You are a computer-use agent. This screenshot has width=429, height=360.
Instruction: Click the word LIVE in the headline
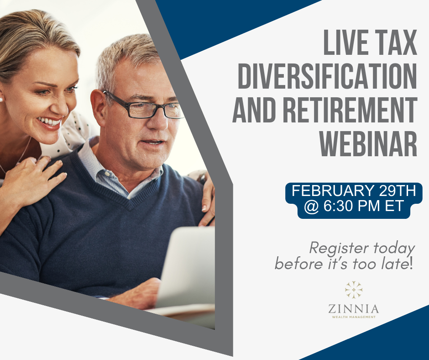click(345, 42)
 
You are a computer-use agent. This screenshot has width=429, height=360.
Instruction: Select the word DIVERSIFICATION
click(327, 76)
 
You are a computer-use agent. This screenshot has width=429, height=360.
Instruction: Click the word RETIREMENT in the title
click(350, 110)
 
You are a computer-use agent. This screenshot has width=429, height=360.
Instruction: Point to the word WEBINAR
click(368, 143)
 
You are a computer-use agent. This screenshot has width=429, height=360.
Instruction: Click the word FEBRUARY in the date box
click(333, 191)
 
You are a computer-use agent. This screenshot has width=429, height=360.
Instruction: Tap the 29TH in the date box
click(398, 191)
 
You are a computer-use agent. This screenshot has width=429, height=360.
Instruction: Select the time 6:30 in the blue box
click(338, 206)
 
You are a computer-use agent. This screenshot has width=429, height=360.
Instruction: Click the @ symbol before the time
click(311, 207)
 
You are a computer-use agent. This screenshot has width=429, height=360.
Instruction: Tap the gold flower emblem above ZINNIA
click(354, 290)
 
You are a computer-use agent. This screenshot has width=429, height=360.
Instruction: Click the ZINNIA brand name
click(354, 309)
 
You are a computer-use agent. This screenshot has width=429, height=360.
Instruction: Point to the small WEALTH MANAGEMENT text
click(354, 317)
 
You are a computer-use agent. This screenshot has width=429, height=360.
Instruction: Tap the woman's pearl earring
click(1, 100)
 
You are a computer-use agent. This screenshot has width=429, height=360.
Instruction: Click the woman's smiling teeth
click(50, 122)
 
